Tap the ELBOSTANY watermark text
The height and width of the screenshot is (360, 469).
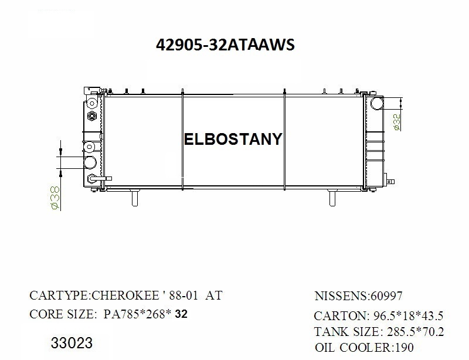coord(233,139)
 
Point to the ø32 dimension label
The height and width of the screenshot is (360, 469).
coord(397,122)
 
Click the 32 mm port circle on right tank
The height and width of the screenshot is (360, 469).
coord(377,104)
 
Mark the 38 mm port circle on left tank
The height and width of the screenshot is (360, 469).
coord(91,162)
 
